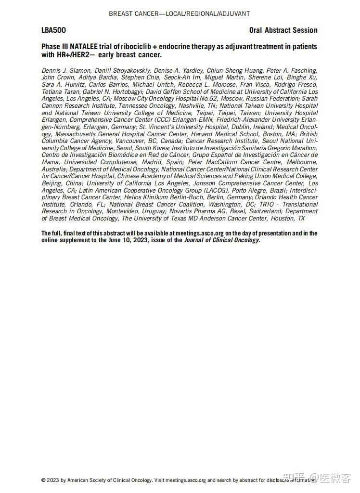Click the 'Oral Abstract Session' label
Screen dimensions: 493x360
tap(283, 30)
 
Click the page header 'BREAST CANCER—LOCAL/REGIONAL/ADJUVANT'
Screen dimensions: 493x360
tap(180, 13)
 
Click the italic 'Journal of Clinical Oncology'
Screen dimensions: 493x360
tap(221, 240)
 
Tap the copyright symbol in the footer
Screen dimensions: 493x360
tap(44, 480)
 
